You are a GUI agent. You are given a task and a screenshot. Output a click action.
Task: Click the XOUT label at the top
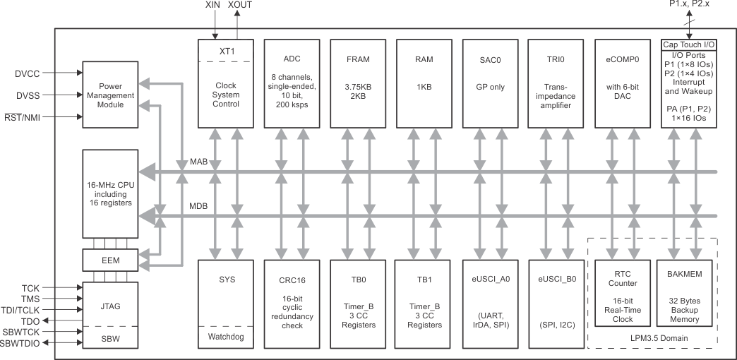tap(239, 5)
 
